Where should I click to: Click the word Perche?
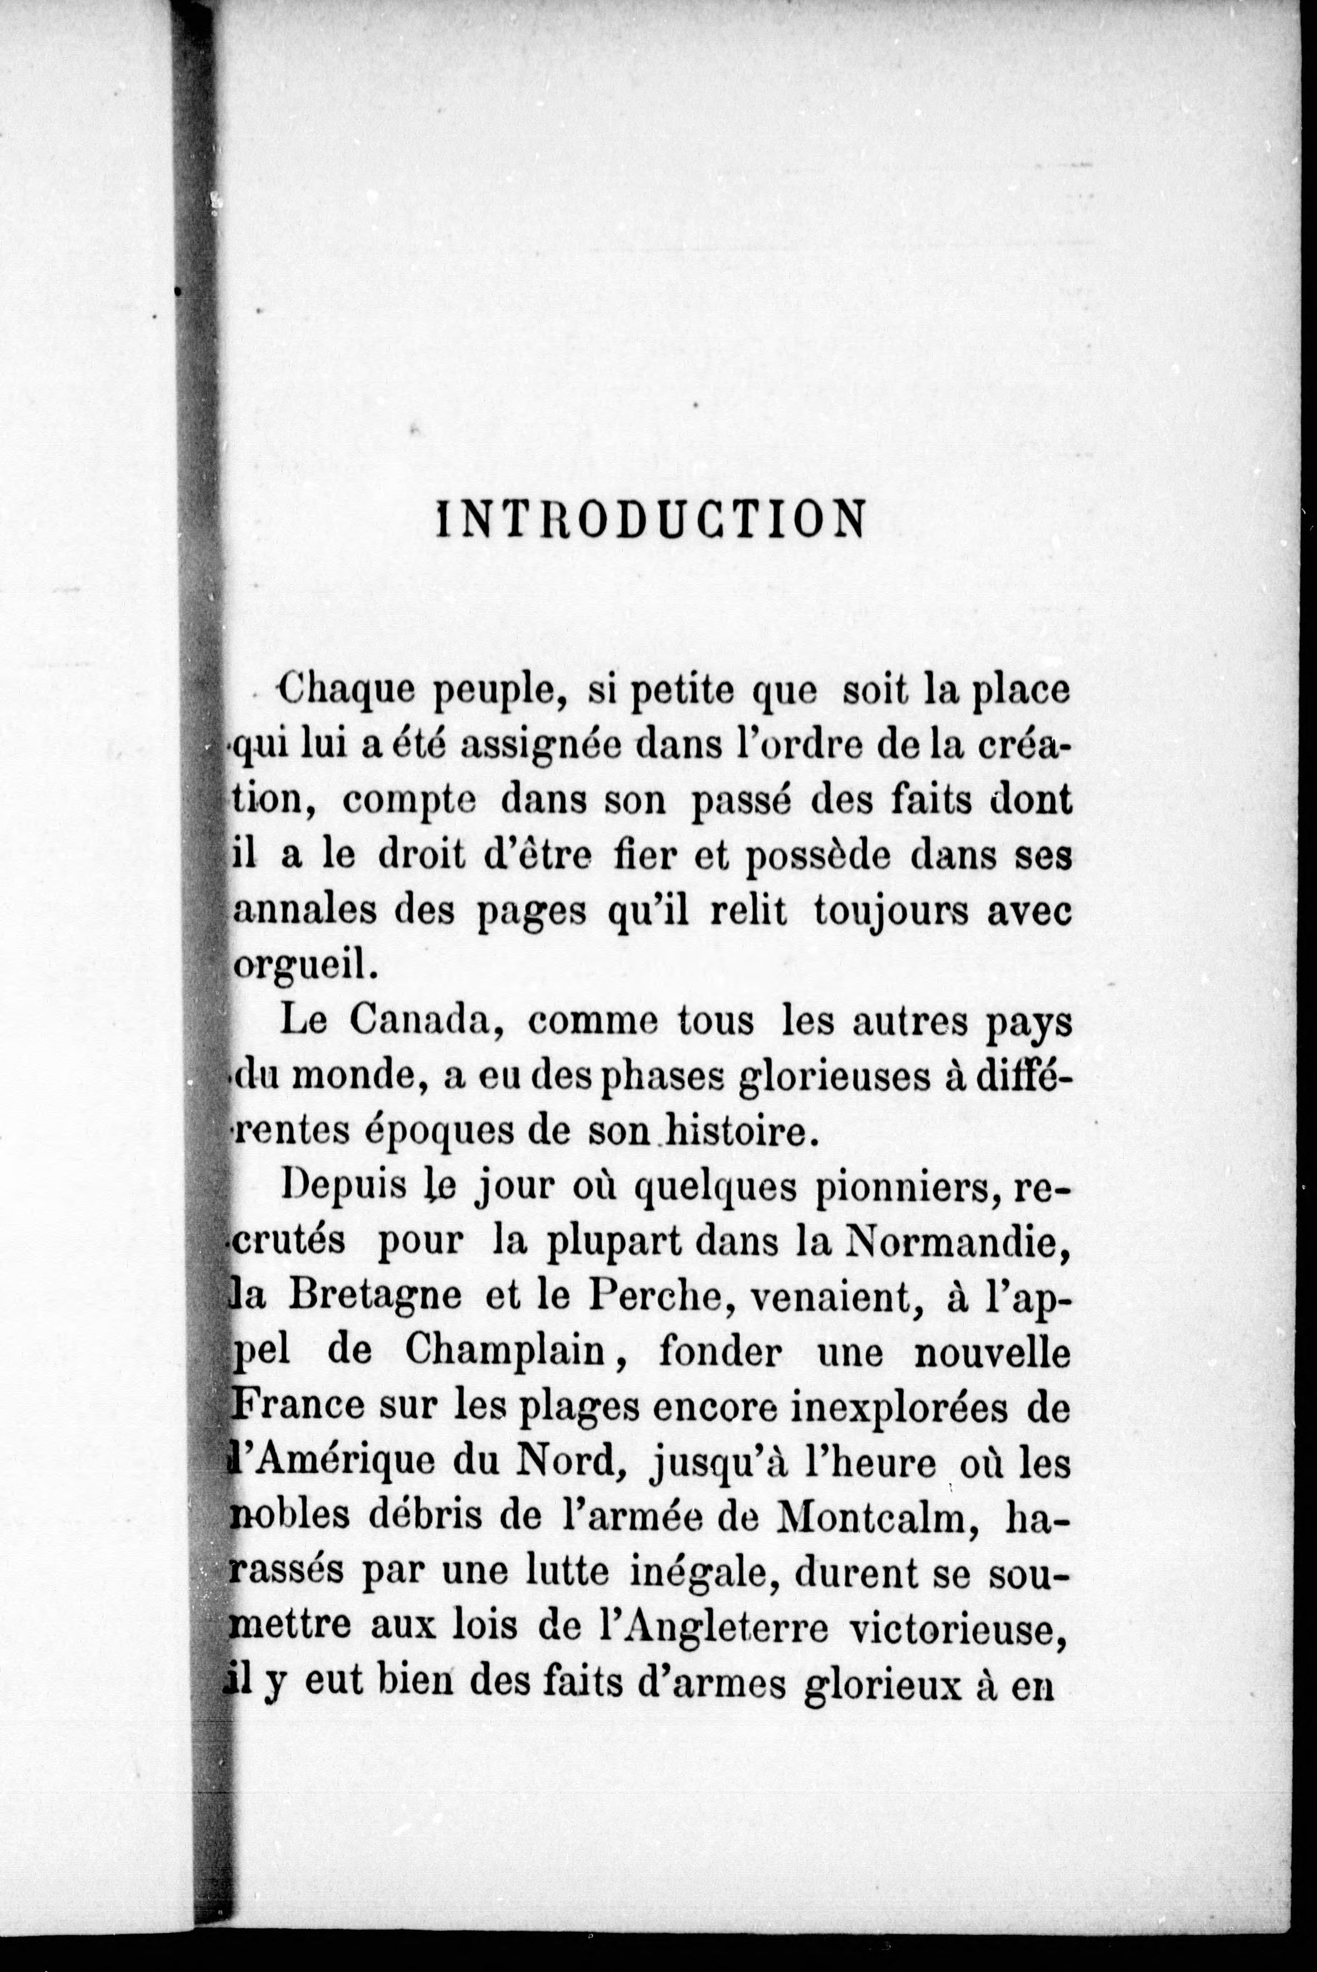click(652, 1295)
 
